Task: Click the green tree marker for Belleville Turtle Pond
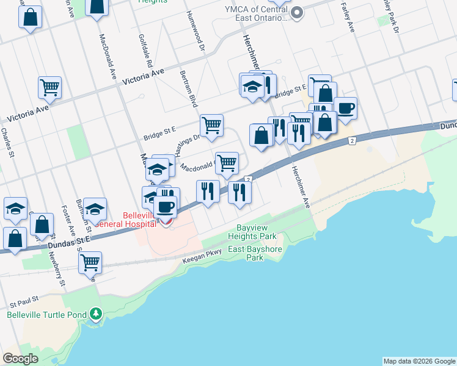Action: click(95, 314)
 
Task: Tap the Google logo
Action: click(20, 359)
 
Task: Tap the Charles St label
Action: click(8, 143)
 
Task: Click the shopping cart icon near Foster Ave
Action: click(90, 262)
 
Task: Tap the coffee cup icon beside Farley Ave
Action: click(345, 107)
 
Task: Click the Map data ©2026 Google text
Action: click(419, 361)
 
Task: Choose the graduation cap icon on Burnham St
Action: click(95, 208)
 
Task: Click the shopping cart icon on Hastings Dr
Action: click(211, 125)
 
